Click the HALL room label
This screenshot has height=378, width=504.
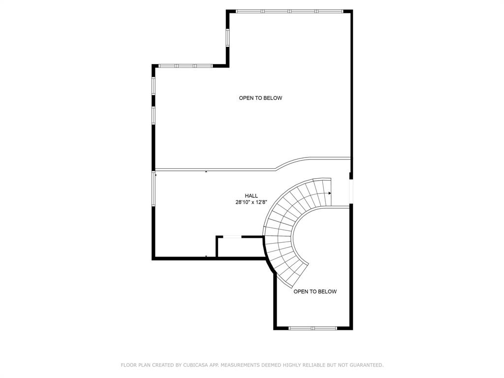(x=252, y=195)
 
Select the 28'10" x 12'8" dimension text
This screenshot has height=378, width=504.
(x=252, y=202)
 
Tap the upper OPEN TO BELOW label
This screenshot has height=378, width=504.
(x=260, y=98)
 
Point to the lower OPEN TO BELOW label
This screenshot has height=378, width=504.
(x=315, y=291)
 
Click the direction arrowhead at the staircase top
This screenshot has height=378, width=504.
(x=330, y=193)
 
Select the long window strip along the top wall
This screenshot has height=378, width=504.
(x=289, y=11)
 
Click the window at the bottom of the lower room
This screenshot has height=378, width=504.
(x=313, y=328)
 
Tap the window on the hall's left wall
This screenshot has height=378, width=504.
(x=154, y=189)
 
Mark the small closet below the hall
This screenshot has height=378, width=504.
(x=240, y=247)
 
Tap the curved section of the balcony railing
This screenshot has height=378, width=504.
(x=290, y=162)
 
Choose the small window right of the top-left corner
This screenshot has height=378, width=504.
(x=227, y=37)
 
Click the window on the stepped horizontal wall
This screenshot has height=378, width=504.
(x=185, y=65)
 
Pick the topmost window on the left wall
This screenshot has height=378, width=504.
(x=154, y=86)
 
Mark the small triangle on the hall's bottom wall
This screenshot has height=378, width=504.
(x=206, y=256)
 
